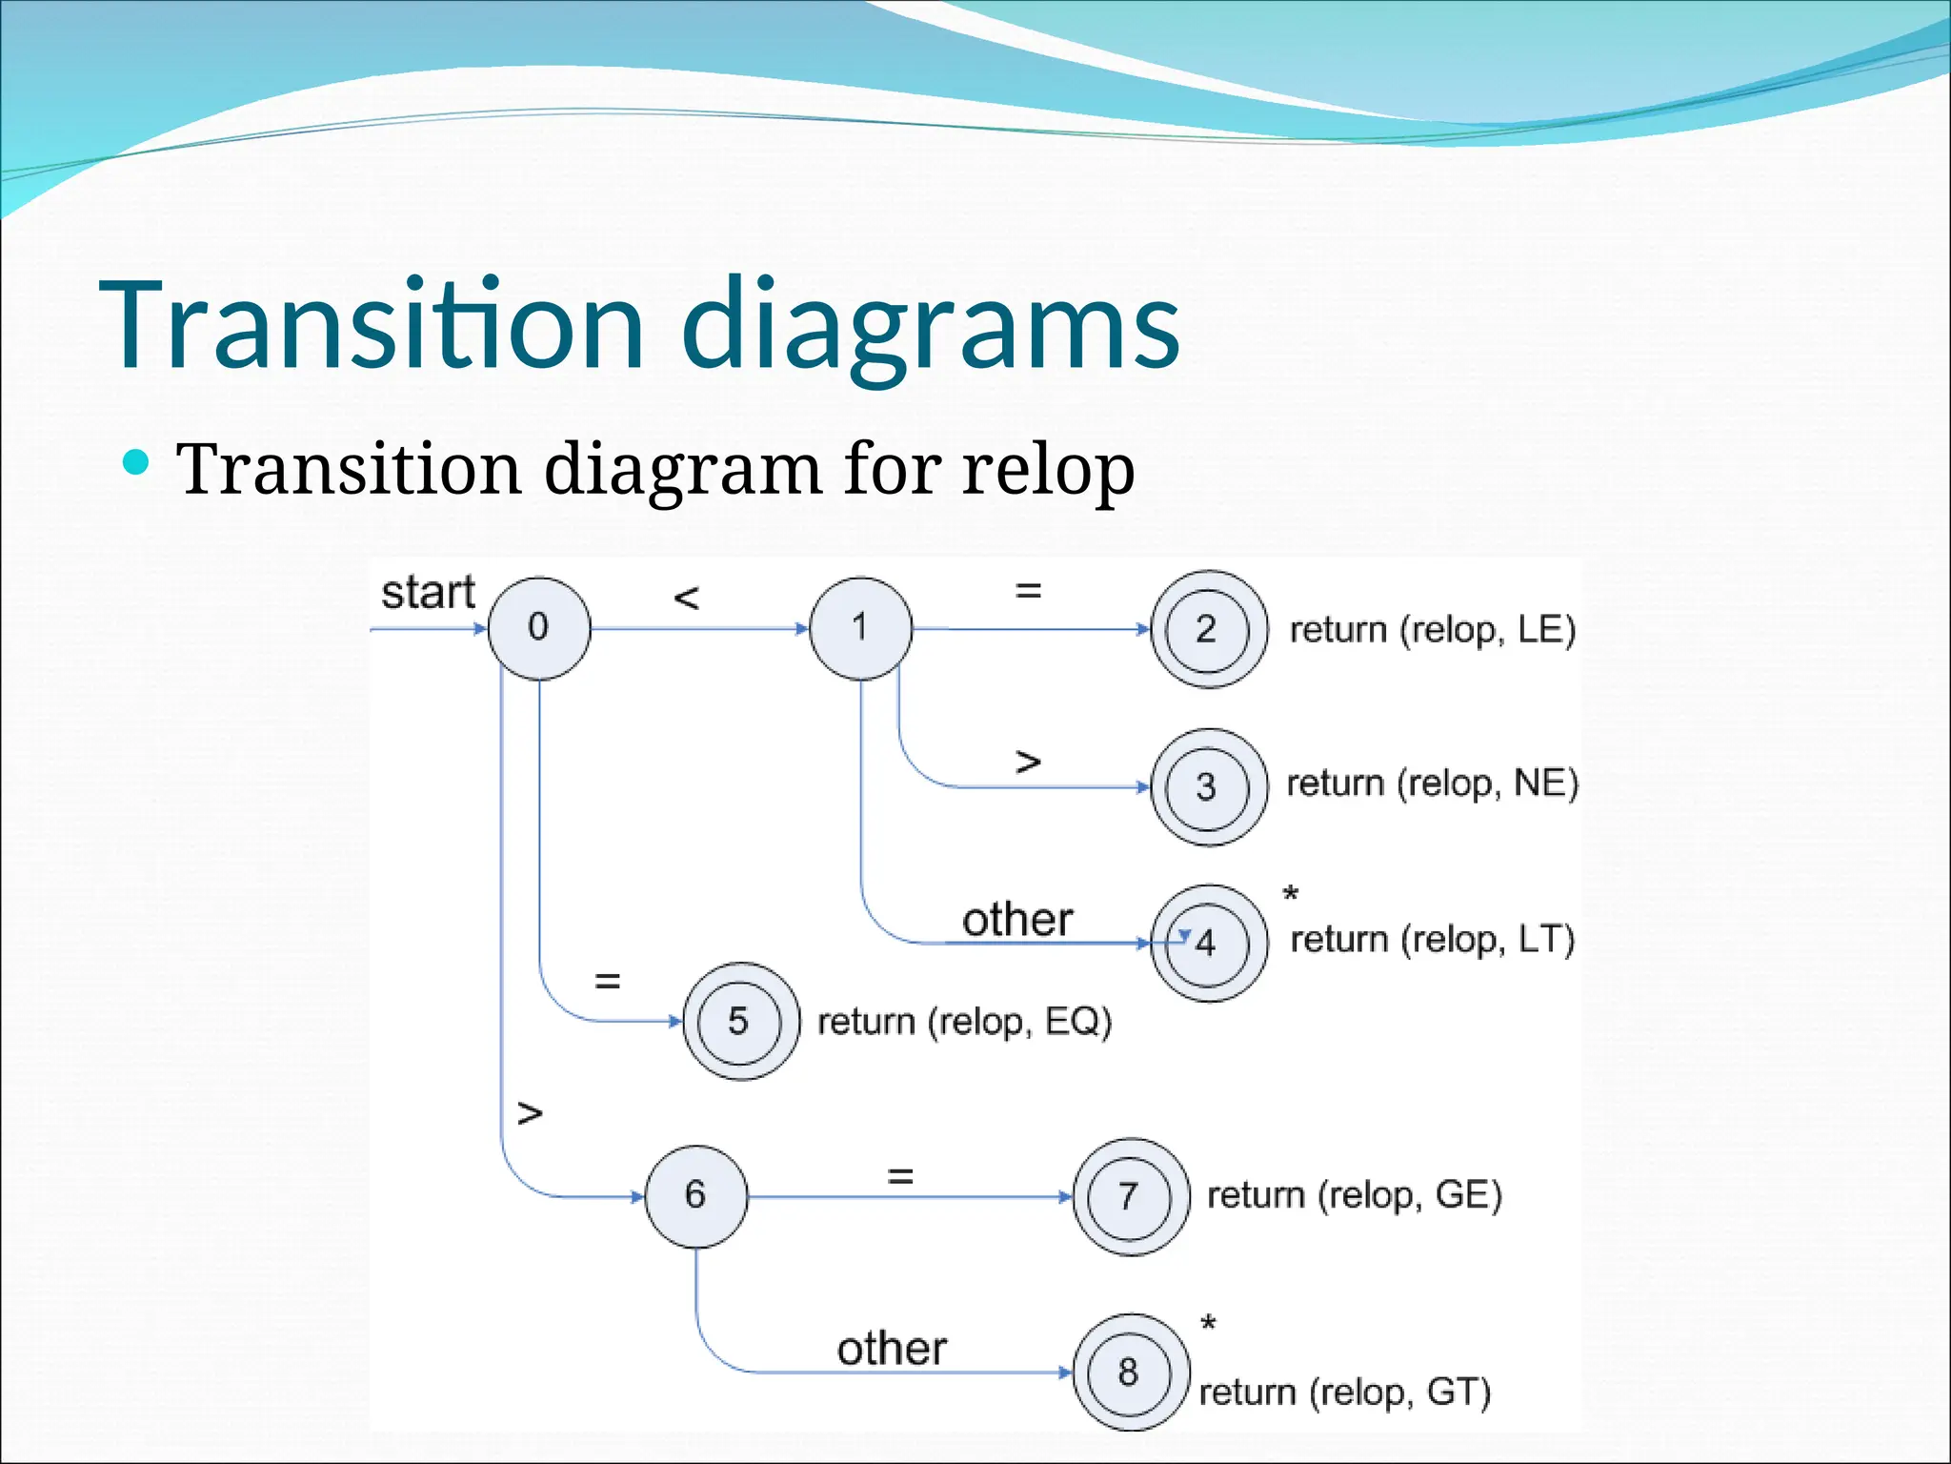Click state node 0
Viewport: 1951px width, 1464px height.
(x=539, y=628)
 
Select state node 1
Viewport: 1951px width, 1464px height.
(x=860, y=628)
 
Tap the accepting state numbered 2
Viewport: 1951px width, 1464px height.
(x=1208, y=629)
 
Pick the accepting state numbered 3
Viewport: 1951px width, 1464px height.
(x=1208, y=787)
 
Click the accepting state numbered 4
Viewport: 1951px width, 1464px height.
(x=1208, y=943)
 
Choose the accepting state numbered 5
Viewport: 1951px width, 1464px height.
(x=740, y=1021)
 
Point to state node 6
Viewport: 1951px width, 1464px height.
(x=695, y=1195)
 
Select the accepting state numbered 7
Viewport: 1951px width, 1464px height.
(x=1130, y=1196)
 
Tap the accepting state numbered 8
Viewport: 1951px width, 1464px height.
(x=1130, y=1372)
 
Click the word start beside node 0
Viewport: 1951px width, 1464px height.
(x=428, y=593)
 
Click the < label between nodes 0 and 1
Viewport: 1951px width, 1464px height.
(x=686, y=598)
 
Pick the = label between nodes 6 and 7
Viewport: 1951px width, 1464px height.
(x=900, y=1176)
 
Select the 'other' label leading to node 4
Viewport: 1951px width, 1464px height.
(x=1016, y=920)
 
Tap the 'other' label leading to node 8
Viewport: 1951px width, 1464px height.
(x=892, y=1349)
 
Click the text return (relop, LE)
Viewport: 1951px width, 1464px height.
(x=1432, y=630)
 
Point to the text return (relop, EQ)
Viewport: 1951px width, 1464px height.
(x=964, y=1022)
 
